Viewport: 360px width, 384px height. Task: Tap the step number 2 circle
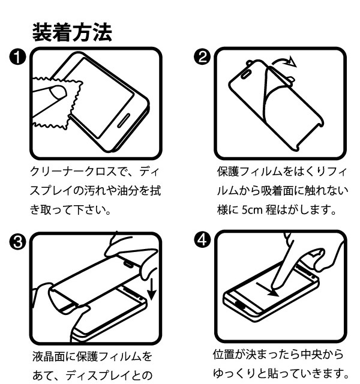click(x=204, y=58)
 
